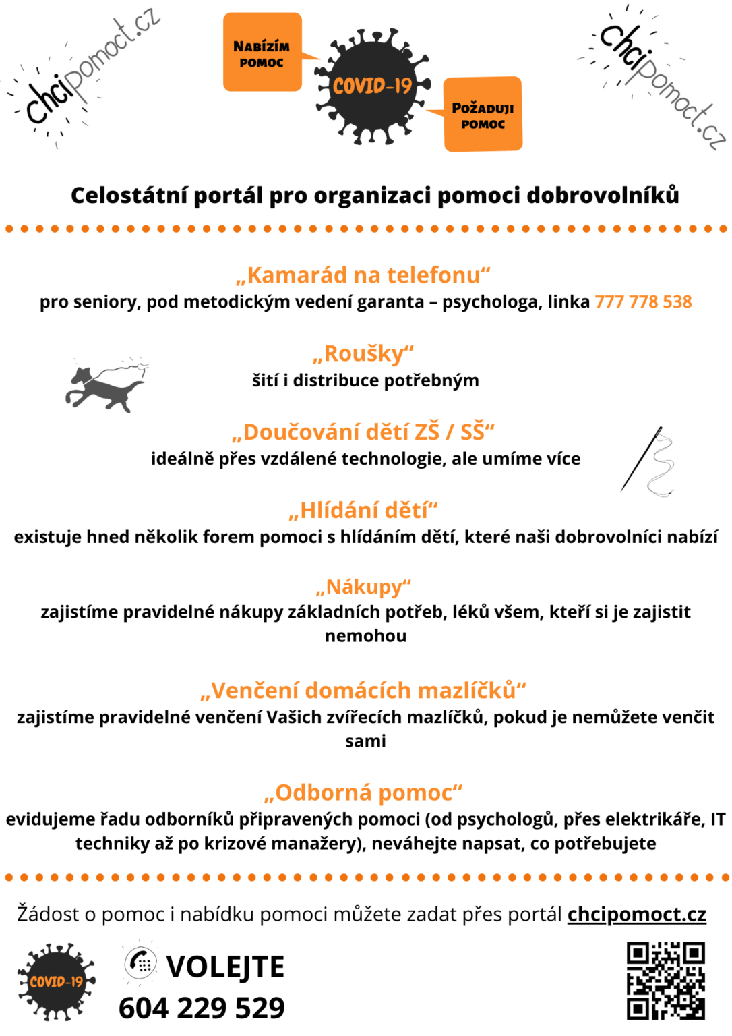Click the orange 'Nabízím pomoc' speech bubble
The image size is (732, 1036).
pos(262,53)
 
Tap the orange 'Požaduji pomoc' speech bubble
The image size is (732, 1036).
pos(483,114)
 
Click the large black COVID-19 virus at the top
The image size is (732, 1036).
pos(371,86)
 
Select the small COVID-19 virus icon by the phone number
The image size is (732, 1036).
pos(56,981)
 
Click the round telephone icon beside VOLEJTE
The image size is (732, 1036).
pos(141,962)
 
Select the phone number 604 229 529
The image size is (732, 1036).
pos(202,1008)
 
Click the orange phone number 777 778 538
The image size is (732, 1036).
pos(643,301)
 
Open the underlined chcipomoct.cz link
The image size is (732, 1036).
pos(636,914)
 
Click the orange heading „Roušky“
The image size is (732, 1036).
pos(363,353)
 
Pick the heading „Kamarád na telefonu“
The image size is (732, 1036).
pos(363,275)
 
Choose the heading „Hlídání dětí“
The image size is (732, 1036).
pos(363,510)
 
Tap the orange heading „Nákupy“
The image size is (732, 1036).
pos(363,587)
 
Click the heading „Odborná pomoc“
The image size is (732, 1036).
pos(363,793)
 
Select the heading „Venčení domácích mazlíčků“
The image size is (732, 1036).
pos(363,691)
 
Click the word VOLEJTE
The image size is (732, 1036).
pos(225,967)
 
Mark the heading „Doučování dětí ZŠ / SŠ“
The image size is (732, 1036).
pos(363,432)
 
